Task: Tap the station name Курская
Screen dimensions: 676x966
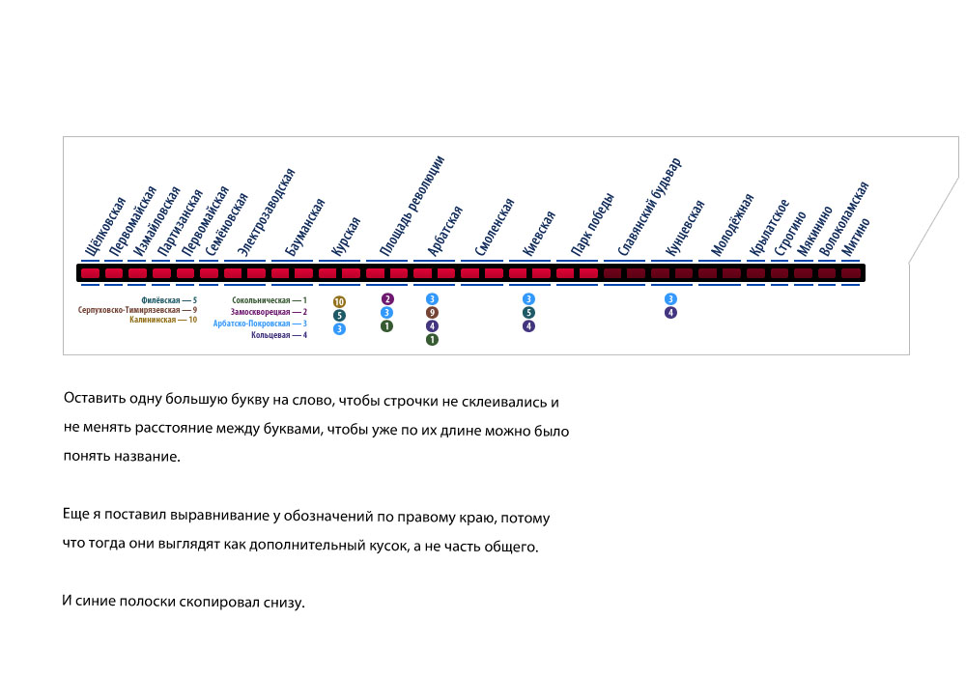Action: [346, 236]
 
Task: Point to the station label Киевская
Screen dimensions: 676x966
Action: [539, 233]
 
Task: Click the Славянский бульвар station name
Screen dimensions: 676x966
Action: [650, 207]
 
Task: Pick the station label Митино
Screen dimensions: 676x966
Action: [856, 236]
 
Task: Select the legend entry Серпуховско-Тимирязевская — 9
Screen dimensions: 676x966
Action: [137, 310]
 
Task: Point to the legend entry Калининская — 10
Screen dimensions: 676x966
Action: [163, 320]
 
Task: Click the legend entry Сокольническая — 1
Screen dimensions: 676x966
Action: [269, 301]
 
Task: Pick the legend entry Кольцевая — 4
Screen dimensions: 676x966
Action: [278, 335]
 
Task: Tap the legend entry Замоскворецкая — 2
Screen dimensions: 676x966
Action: [269, 312]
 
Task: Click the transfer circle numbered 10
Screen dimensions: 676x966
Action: [339, 302]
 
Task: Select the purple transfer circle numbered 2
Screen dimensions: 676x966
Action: [386, 299]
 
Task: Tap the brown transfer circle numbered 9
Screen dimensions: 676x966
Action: [432, 313]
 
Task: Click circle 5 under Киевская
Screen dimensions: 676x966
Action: [528, 313]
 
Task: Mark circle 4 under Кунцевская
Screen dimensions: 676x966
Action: [670, 313]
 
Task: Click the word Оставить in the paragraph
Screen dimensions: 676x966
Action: [91, 399]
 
